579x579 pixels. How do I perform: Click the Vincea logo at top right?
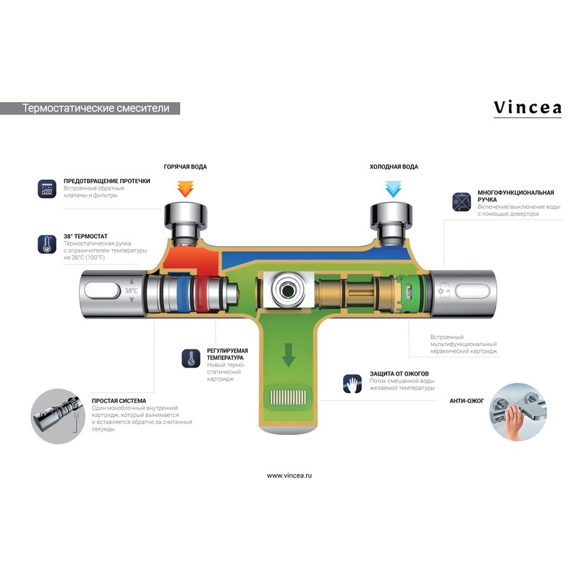pos(527,108)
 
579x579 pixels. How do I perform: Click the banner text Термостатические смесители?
pos(96,109)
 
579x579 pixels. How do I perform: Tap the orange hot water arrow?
pos(185,189)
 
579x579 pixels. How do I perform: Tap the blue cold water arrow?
pos(393,189)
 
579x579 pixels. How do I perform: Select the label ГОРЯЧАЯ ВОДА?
pos(185,167)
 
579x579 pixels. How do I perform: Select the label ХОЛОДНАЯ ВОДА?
pos(393,167)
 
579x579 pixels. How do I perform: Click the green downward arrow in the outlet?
pos(289,355)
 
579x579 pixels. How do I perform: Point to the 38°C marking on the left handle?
pos(131,291)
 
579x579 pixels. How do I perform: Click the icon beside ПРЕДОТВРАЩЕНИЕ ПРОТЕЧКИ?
pos(47,190)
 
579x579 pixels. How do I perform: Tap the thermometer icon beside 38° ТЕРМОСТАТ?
pos(47,243)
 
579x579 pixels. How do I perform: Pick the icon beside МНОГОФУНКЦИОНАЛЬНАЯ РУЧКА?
pos(462,201)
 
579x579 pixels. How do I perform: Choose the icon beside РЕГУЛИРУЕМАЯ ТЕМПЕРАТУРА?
pos(191,358)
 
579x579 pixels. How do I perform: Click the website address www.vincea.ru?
pos(289,476)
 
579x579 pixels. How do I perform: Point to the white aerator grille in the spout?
pos(289,397)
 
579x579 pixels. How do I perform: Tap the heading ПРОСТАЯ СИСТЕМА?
pos(119,400)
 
